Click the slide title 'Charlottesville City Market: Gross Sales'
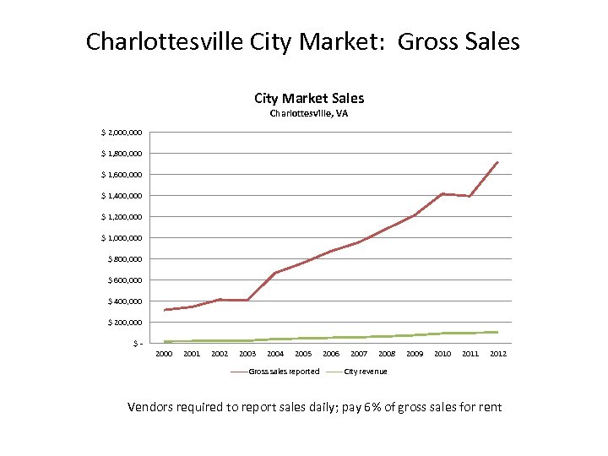303,41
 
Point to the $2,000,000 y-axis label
122,133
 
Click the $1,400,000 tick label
122,196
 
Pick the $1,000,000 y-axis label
122,238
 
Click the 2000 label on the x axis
164,354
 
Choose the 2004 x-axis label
275,354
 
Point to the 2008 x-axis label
387,354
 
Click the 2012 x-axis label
498,354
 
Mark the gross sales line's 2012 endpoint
498,162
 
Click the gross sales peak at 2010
442,194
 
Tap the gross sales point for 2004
275,273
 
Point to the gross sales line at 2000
165,310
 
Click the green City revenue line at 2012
498,332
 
